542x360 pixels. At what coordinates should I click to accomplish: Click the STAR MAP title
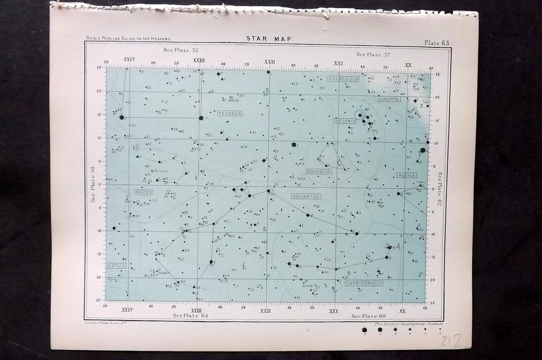(x=269, y=39)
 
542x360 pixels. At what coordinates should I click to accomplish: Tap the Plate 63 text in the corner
(x=437, y=43)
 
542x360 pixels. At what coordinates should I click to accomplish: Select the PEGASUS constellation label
(x=230, y=113)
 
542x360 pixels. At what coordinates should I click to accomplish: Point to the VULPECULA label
(x=343, y=79)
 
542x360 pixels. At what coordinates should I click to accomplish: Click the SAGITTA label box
(x=389, y=99)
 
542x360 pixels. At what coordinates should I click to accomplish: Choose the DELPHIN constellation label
(x=345, y=121)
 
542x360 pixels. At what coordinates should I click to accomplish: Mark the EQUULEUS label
(x=318, y=171)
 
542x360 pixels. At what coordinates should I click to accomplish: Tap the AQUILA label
(x=407, y=175)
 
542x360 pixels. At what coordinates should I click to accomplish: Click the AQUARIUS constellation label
(x=306, y=196)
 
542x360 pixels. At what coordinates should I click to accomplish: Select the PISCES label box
(x=143, y=192)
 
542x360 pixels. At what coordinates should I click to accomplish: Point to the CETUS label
(x=117, y=265)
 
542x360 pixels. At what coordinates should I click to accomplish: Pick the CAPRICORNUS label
(x=364, y=283)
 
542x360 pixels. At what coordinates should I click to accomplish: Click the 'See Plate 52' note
(x=181, y=50)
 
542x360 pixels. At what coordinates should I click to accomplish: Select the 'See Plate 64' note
(x=191, y=316)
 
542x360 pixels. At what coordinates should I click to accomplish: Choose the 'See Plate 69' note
(x=369, y=316)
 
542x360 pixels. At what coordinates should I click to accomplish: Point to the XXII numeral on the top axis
(x=269, y=62)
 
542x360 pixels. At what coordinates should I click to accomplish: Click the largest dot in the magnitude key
(x=365, y=330)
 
